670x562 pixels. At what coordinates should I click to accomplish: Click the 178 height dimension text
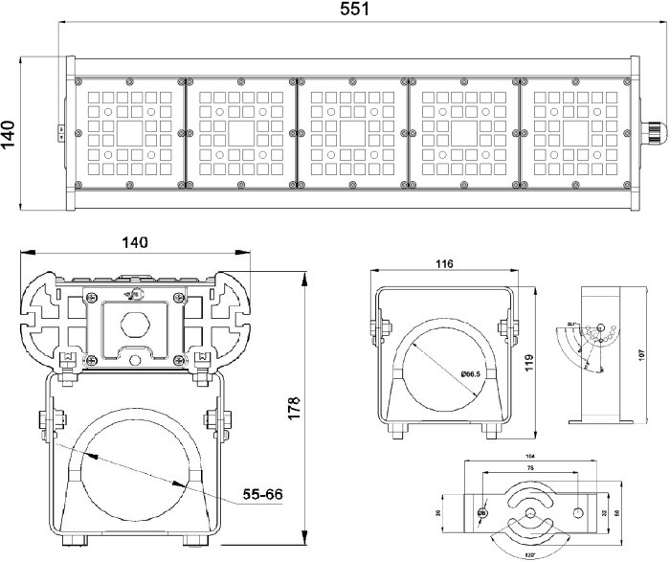coord(295,406)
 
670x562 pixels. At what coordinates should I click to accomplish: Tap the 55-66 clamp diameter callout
coord(262,495)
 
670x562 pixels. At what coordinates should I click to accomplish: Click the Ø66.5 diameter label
coord(472,372)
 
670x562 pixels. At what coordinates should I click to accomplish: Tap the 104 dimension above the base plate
coord(529,456)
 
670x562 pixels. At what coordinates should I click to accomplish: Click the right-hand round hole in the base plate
coord(578,513)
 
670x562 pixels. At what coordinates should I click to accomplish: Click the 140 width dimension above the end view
coord(134,243)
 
